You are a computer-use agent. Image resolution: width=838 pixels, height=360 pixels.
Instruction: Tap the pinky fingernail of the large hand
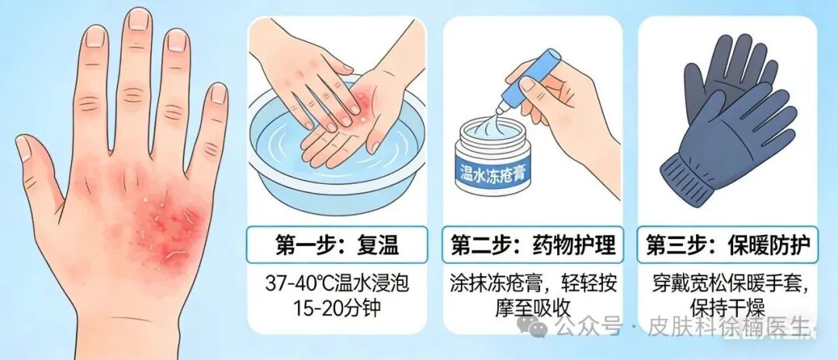(218, 94)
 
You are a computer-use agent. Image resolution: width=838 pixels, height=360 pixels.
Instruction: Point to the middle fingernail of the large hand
(138, 19)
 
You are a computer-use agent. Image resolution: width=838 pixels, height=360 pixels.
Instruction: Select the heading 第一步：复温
(337, 245)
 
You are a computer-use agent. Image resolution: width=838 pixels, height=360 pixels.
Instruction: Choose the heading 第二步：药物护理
(533, 245)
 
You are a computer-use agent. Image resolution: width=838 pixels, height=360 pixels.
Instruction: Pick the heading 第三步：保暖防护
(727, 245)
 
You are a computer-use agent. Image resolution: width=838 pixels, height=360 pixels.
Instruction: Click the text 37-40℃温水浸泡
(337, 284)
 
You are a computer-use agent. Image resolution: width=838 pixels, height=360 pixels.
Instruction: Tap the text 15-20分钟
(337, 308)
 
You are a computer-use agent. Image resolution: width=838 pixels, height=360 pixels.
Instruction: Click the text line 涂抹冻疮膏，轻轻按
(533, 284)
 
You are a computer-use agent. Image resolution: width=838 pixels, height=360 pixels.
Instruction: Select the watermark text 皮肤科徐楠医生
(729, 326)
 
